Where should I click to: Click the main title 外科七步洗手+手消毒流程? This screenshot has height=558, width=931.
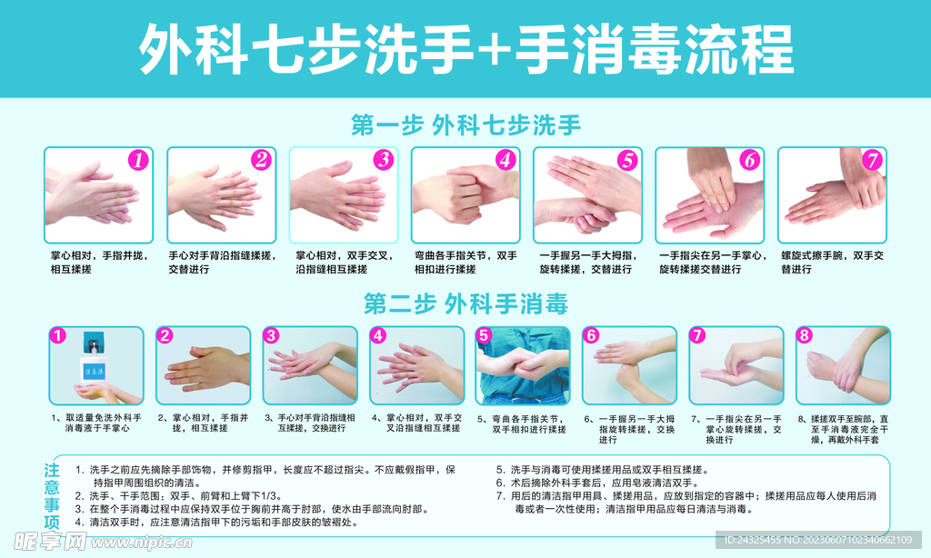click(x=465, y=49)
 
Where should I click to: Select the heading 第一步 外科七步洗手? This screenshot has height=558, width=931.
click(x=465, y=125)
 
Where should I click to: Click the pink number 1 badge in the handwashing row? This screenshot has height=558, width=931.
click(x=137, y=161)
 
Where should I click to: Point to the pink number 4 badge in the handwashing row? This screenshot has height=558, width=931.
click(x=505, y=161)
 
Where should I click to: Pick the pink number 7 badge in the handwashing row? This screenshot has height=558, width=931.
click(x=871, y=161)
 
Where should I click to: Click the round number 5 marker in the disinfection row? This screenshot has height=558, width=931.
click(x=485, y=335)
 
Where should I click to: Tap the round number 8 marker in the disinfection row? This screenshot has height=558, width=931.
click(x=804, y=335)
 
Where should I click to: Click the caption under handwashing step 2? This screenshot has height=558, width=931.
click(x=218, y=263)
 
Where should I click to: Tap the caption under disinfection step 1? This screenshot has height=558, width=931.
click(x=96, y=423)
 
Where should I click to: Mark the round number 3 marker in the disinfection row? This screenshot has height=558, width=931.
click(x=271, y=335)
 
